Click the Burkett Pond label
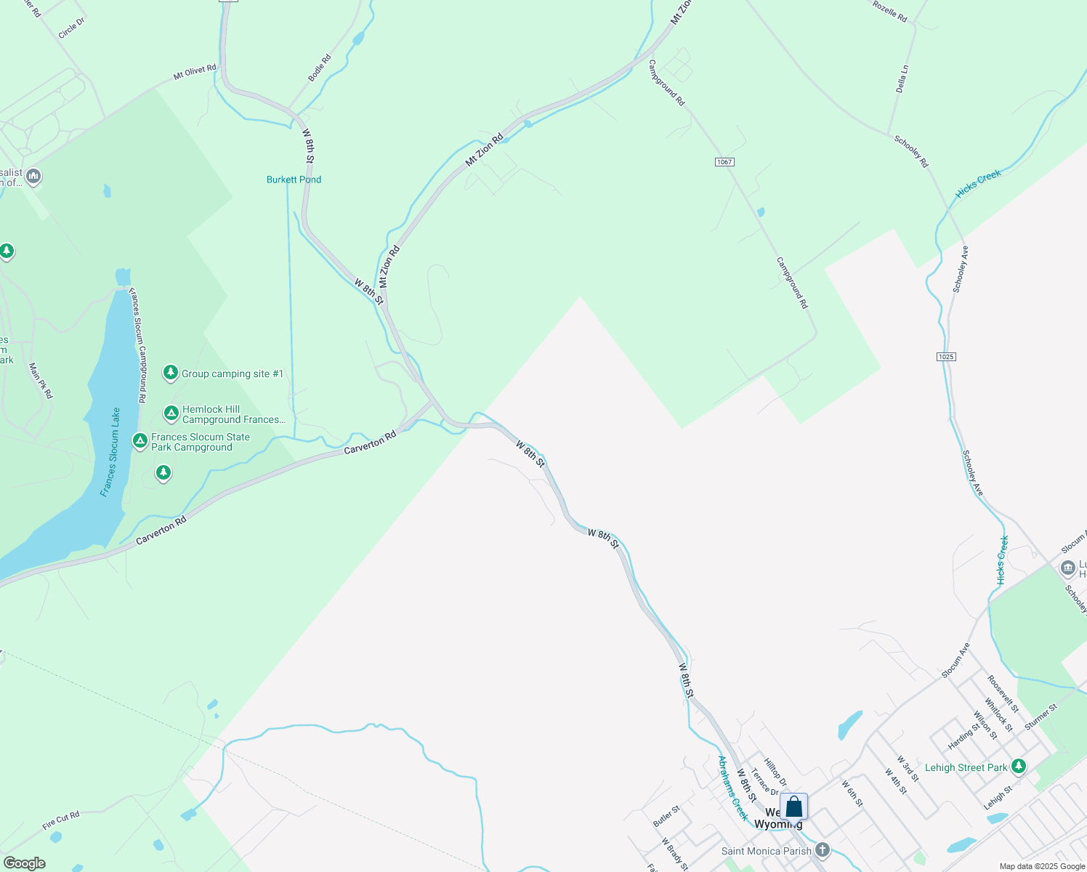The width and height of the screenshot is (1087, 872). click(294, 179)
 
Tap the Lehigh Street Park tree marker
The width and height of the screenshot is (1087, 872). click(1019, 766)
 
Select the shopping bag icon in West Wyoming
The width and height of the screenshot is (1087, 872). click(794, 807)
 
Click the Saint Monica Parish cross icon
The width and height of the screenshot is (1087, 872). click(823, 849)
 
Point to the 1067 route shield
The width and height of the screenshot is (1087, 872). click(724, 162)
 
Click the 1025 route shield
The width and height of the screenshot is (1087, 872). click(946, 357)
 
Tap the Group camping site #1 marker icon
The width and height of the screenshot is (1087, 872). click(171, 373)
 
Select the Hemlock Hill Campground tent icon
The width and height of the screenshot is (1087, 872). click(171, 413)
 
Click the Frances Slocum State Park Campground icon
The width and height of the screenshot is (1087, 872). click(140, 441)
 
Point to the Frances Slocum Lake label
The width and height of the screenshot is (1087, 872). click(110, 452)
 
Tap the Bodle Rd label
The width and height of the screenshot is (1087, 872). click(320, 68)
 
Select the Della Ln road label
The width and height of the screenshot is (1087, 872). click(902, 78)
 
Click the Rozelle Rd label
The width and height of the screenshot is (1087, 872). click(889, 11)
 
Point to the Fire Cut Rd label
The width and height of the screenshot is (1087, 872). click(61, 820)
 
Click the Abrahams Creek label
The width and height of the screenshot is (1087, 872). click(732, 788)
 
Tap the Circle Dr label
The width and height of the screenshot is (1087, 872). click(71, 28)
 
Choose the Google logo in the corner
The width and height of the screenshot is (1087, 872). click(24, 863)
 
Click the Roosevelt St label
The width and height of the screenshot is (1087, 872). click(1003, 694)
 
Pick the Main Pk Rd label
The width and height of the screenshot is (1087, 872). click(41, 381)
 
